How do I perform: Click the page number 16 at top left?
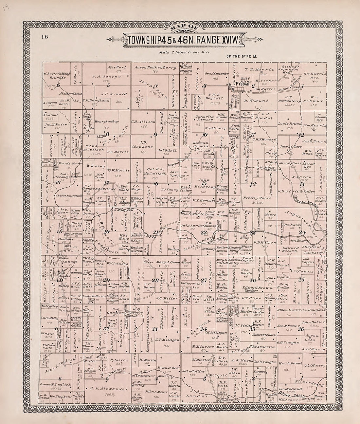(45, 37)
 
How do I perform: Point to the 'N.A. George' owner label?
(102, 76)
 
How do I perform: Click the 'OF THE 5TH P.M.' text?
(242, 56)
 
